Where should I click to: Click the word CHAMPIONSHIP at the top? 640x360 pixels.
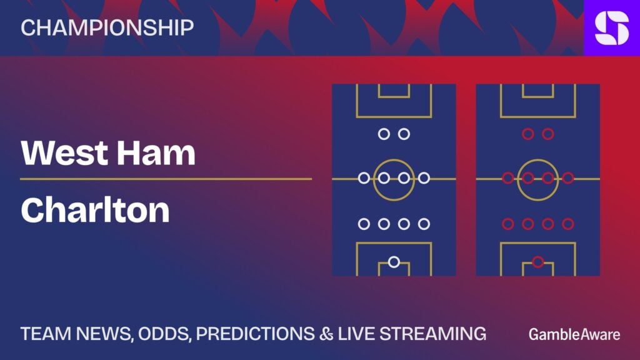pos(107,27)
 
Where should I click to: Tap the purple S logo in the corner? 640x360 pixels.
pos(612,27)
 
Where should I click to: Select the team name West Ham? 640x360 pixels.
pos(108,153)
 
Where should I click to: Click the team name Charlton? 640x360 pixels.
pos(95,210)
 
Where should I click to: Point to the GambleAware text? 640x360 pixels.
pos(574,334)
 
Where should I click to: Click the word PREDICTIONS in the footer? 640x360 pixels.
pos(256,334)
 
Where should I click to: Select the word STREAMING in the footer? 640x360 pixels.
pos(432,334)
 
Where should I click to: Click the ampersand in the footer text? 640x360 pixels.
pos(326,334)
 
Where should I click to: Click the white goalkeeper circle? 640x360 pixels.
pos(394,262)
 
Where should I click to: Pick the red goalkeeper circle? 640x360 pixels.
pos(538,262)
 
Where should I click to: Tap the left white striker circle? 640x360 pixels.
pos(384,134)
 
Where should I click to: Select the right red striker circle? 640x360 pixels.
pos(547,134)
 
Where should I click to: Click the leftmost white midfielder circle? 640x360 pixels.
pos(364,178)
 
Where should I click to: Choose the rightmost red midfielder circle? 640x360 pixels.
pos(567,178)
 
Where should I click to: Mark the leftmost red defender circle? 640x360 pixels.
pos(507,224)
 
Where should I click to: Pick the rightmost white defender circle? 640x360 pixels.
pos(424,224)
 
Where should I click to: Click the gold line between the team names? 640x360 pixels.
pos(166,179)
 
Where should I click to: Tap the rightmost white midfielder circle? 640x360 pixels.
pos(424,178)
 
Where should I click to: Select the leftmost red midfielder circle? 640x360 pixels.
pos(507,178)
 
